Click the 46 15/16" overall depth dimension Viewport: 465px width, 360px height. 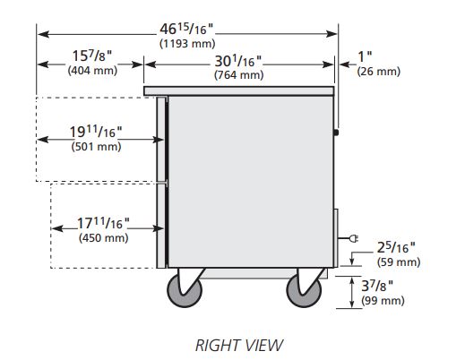186,29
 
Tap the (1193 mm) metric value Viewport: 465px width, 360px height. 187,44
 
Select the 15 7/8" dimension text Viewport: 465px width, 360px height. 92,56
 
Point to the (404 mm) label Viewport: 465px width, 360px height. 92,71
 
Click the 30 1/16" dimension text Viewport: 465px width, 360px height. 238,62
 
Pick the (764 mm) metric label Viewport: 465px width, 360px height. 239,74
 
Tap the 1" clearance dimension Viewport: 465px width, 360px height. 365,56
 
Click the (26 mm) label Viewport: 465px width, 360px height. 378,72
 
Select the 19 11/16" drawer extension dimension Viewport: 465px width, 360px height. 96,132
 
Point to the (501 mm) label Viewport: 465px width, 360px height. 96,147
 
